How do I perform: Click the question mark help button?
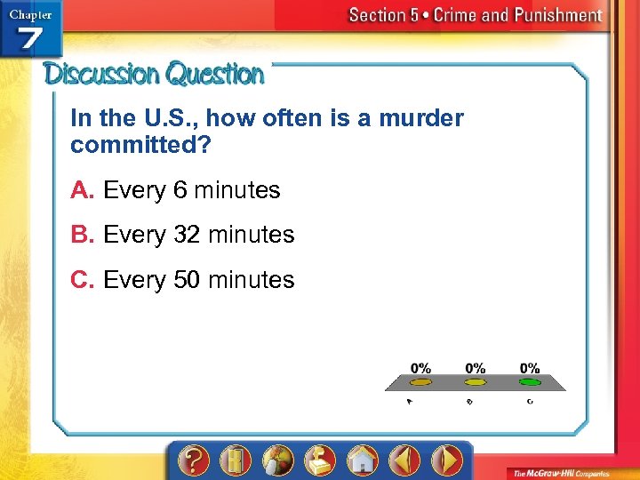(x=194, y=460)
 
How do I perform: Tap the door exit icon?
(x=236, y=460)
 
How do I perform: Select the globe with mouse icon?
(x=277, y=460)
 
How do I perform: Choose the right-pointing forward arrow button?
(x=447, y=460)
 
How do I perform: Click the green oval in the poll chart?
(x=530, y=382)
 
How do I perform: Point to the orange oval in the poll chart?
(x=420, y=382)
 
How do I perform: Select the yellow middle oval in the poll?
(x=476, y=382)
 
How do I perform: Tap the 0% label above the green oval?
(x=530, y=368)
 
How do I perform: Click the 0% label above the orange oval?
(x=420, y=368)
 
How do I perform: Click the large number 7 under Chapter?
(x=31, y=40)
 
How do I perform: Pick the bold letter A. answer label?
(x=84, y=190)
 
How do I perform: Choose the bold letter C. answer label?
(x=84, y=280)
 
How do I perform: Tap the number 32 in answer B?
(x=187, y=235)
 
